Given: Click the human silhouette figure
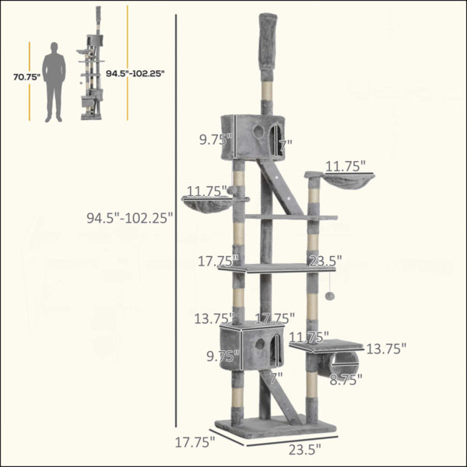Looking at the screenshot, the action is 54,83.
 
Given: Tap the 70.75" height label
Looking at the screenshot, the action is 26,77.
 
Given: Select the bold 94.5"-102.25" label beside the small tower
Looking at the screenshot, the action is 135,73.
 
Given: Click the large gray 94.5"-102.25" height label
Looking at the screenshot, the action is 129,218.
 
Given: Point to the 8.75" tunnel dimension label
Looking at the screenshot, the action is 346,380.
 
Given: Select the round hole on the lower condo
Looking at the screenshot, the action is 260,344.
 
